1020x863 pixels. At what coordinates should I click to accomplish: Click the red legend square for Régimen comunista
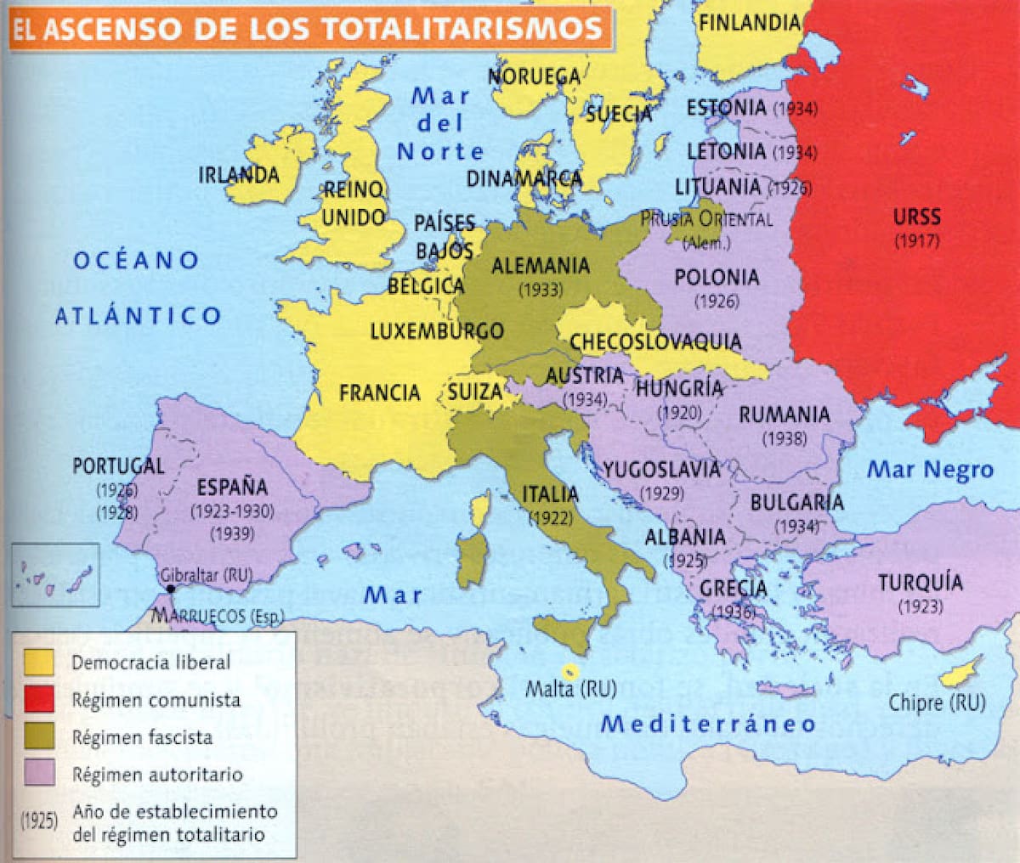click(39, 699)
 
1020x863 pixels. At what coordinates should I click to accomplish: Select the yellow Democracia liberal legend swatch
click(39, 662)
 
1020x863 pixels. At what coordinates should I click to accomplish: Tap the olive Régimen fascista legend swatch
click(39, 736)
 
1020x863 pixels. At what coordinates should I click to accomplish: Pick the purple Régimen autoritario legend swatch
click(39, 774)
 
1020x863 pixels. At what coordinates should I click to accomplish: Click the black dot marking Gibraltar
click(171, 589)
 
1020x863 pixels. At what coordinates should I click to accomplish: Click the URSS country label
click(916, 217)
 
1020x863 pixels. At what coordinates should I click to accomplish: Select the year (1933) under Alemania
click(541, 289)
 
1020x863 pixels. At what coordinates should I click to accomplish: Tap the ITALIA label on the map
click(550, 494)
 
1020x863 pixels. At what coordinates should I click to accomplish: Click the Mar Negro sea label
click(930, 470)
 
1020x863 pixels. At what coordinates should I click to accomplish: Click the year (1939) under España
click(233, 533)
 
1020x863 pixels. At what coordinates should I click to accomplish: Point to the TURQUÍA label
click(921, 583)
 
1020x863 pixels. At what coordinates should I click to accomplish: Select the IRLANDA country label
click(239, 175)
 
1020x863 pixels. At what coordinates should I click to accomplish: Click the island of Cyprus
click(960, 672)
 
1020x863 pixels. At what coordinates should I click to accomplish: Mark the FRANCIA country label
click(379, 392)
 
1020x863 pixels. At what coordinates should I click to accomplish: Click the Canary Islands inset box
click(55, 575)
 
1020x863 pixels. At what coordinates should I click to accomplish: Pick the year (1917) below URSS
click(916, 240)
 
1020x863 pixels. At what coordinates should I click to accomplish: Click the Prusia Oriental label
click(706, 219)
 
